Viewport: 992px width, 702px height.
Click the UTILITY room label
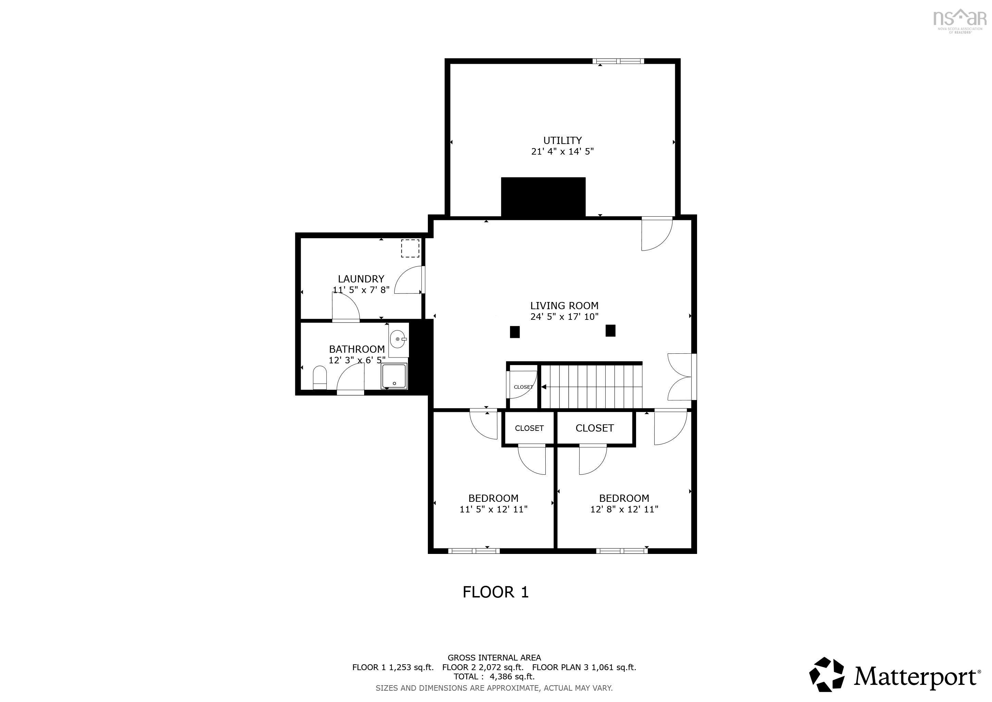pyautogui.click(x=562, y=141)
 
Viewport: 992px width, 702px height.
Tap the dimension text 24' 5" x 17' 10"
pyautogui.click(x=564, y=317)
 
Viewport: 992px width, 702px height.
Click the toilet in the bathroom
pyautogui.click(x=320, y=377)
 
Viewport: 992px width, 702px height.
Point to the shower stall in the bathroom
pyautogui.click(x=394, y=376)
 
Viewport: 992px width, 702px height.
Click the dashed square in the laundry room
pyautogui.click(x=410, y=249)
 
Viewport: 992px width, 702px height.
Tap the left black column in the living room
pyautogui.click(x=514, y=332)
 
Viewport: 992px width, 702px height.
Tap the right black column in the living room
pyautogui.click(x=610, y=331)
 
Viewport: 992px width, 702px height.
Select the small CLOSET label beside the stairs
pyautogui.click(x=523, y=387)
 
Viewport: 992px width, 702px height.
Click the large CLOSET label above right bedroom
pyautogui.click(x=595, y=428)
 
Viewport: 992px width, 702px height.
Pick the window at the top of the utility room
pyautogui.click(x=618, y=61)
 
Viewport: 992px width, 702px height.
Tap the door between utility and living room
pyautogui.click(x=657, y=233)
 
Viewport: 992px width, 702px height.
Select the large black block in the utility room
pyautogui.click(x=543, y=197)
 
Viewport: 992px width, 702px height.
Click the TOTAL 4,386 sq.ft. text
pyautogui.click(x=494, y=677)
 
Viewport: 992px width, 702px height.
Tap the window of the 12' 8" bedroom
pyautogui.click(x=622, y=551)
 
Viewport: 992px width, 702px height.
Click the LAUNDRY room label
pyautogui.click(x=361, y=279)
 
